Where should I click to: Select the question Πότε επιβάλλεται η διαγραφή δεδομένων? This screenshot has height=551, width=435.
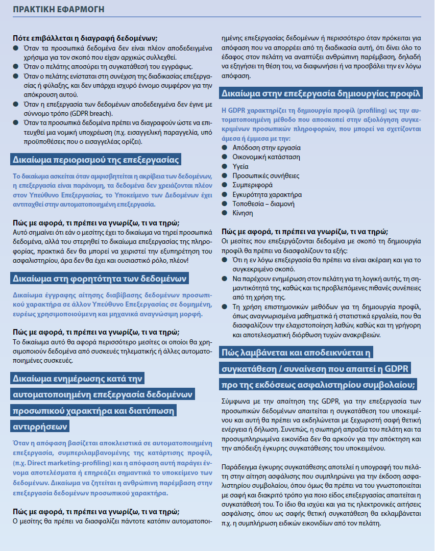[x=85, y=39]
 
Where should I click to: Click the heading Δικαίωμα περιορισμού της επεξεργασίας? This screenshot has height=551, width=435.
[x=95, y=160]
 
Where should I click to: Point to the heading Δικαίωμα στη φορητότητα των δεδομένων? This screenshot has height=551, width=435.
[x=100, y=278]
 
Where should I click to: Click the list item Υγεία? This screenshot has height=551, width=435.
[x=241, y=166]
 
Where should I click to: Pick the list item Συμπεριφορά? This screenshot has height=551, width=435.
[x=252, y=185]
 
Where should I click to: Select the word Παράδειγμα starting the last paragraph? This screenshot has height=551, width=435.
[x=240, y=467]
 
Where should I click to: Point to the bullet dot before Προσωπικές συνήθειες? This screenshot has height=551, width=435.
[x=224, y=176]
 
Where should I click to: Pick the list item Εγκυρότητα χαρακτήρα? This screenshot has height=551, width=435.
[x=267, y=194]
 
